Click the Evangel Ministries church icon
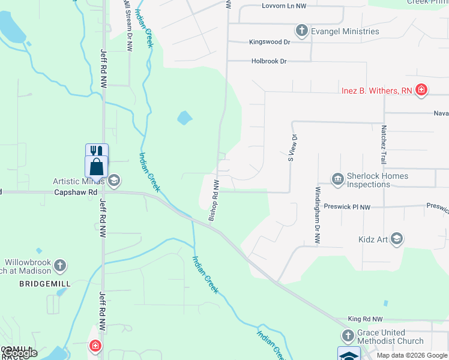[301, 31]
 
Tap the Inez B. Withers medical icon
[421, 91]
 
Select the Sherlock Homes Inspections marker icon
[337, 179]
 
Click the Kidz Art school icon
[396, 239]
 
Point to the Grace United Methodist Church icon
[348, 336]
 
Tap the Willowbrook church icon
[59, 265]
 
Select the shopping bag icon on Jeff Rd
[97, 166]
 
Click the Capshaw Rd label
[76, 193]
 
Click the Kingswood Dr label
[270, 42]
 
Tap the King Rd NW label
[365, 319]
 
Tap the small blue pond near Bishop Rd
[185, 118]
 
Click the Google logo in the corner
[19, 353]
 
